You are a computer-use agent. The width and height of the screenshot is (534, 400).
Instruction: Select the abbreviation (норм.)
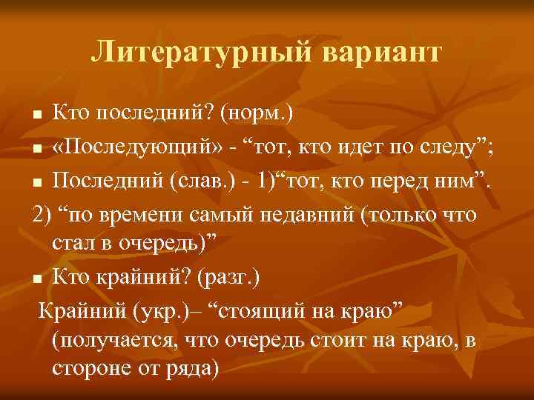click(254, 113)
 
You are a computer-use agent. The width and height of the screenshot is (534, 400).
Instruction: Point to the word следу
click(441, 148)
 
